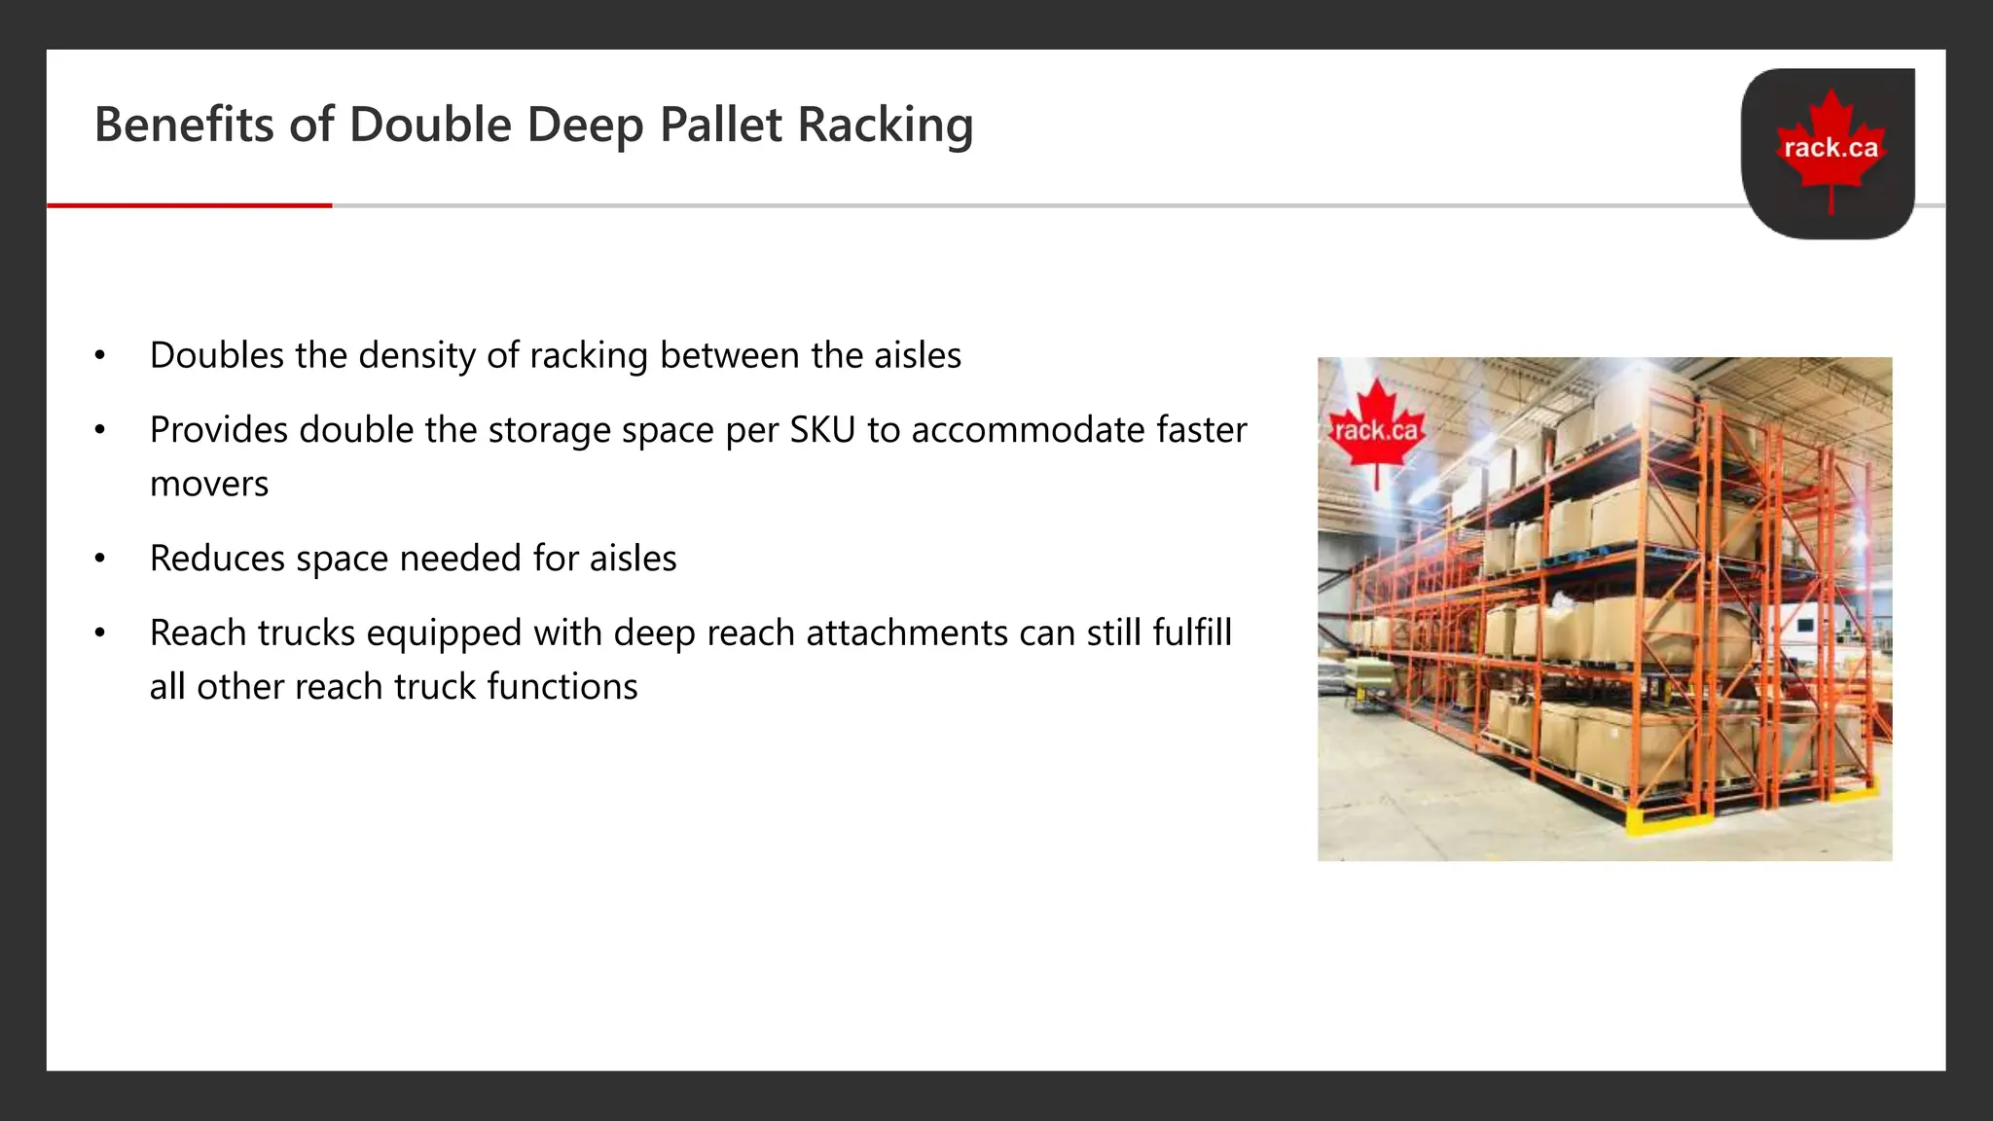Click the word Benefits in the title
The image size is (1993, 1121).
point(184,125)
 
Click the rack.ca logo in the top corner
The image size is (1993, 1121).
point(1829,153)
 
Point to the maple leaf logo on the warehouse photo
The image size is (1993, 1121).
point(1376,429)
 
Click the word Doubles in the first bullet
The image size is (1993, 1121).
point(217,355)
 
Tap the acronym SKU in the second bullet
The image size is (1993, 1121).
point(822,430)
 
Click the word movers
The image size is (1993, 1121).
point(209,484)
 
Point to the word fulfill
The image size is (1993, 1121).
point(1192,633)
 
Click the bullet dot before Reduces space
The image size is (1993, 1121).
point(99,560)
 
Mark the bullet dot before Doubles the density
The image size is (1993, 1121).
point(99,356)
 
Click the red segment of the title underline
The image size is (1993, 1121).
point(190,205)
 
